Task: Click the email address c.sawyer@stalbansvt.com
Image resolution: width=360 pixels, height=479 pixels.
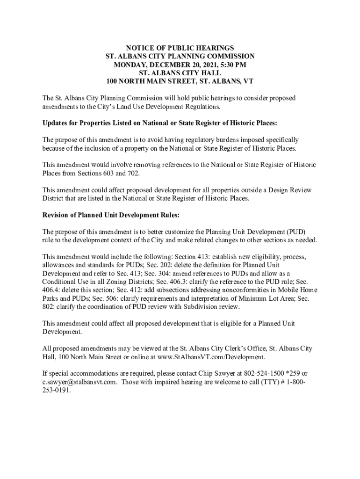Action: (78, 382)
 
